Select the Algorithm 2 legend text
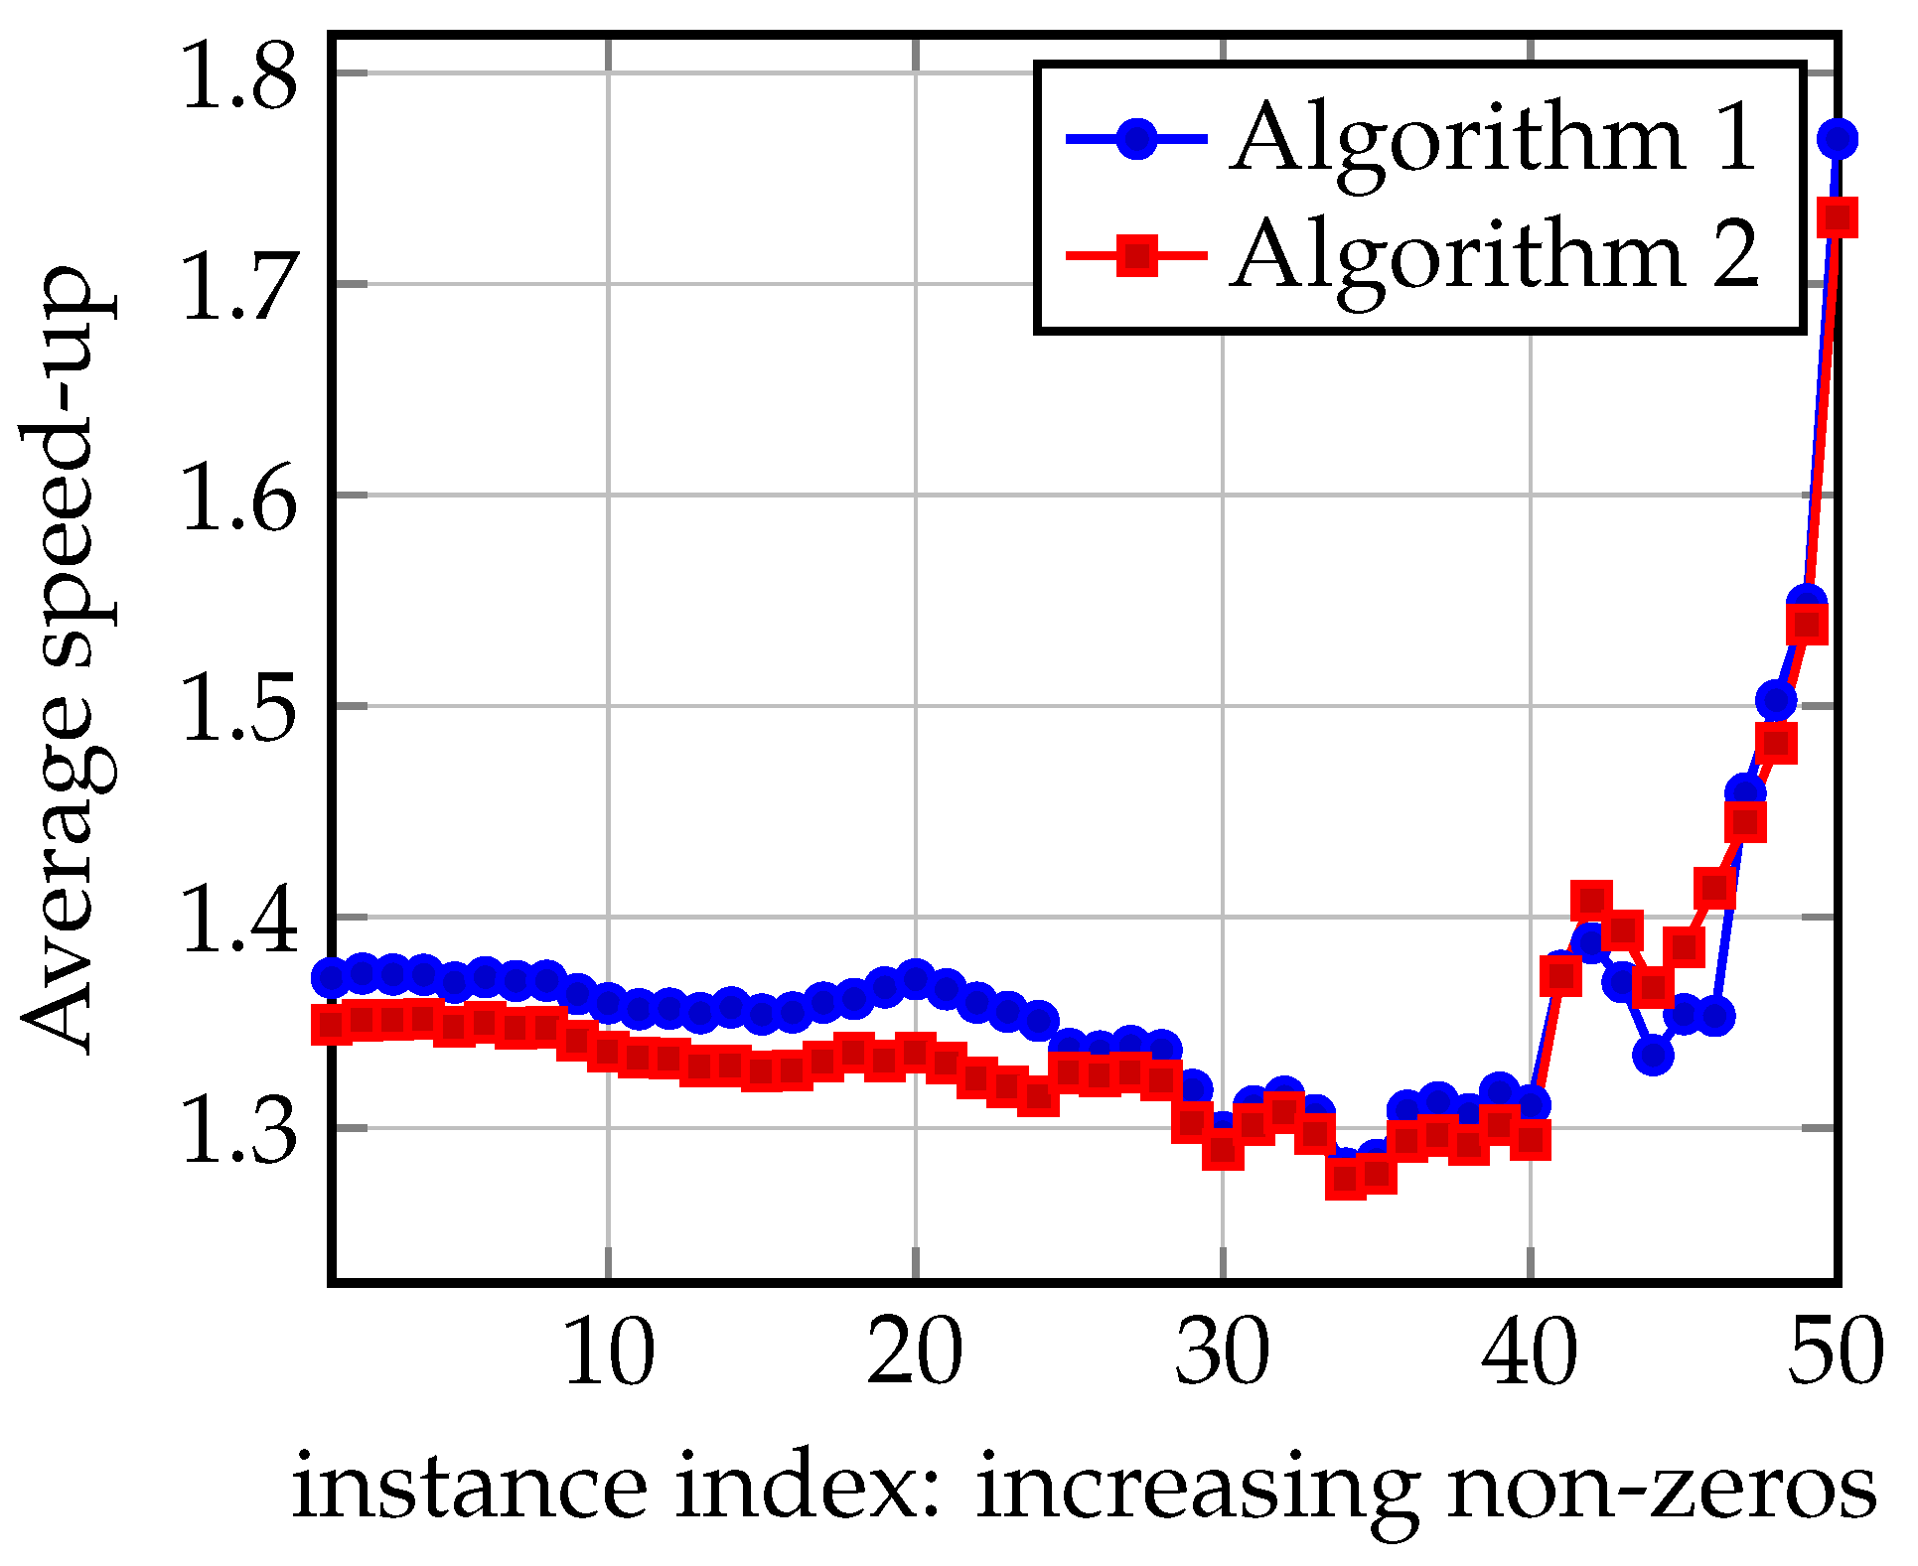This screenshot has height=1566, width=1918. (x=1495, y=256)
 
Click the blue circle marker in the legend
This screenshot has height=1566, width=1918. (x=1137, y=138)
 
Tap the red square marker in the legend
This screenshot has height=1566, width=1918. (x=1137, y=255)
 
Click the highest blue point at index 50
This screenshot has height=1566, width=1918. (x=1838, y=139)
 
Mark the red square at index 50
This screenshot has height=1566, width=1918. (x=1838, y=217)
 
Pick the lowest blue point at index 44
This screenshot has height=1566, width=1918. (x=1654, y=1055)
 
